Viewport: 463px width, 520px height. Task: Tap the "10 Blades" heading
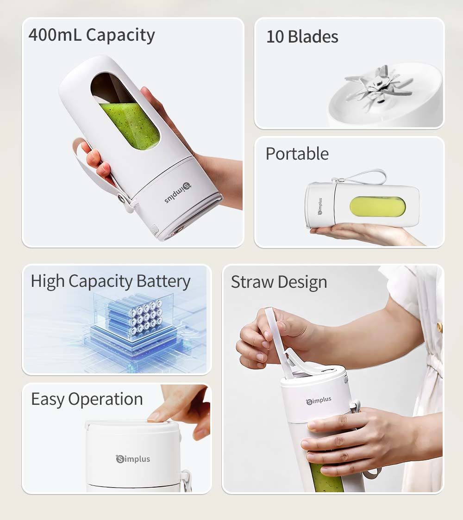point(302,37)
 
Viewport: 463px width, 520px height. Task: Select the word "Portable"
point(297,154)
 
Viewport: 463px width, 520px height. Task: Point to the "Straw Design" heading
point(279,282)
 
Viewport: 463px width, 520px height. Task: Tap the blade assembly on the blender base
point(377,86)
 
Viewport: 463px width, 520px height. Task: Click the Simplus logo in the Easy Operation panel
point(133,459)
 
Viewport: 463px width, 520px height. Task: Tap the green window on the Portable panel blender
point(377,207)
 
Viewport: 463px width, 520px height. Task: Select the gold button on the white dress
point(439,327)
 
